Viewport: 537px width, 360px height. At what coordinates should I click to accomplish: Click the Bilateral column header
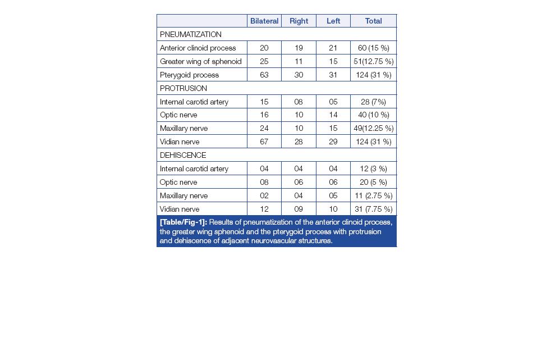(264, 21)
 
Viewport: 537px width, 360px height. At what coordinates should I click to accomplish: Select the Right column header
(299, 21)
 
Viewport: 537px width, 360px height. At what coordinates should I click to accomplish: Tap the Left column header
(333, 21)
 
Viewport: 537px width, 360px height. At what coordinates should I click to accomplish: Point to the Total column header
(373, 21)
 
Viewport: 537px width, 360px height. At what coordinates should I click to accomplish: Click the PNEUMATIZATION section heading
(191, 34)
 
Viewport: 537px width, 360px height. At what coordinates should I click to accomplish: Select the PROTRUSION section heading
(183, 88)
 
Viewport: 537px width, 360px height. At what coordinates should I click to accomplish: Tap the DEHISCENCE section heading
(183, 155)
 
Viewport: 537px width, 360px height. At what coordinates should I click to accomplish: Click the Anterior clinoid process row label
(198, 48)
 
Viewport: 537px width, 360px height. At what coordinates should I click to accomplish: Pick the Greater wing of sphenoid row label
(200, 61)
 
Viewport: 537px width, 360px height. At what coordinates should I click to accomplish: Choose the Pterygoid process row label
(189, 75)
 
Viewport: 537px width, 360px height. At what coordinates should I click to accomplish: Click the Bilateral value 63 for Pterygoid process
(264, 75)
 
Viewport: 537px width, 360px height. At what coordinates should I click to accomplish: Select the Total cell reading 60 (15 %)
(373, 48)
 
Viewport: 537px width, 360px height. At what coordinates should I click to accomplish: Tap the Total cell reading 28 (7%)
(373, 102)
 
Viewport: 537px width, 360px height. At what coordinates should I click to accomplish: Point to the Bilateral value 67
(264, 142)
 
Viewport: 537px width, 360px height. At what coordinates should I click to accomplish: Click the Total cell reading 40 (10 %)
(373, 115)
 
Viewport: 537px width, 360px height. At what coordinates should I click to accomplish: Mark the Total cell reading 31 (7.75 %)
(373, 209)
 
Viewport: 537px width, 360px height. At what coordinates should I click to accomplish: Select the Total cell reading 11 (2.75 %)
(373, 195)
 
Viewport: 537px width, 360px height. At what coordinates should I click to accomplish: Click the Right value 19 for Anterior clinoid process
(299, 48)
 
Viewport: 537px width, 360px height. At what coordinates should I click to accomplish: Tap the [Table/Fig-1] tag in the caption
(183, 222)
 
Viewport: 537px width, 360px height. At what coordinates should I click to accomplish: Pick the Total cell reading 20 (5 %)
(373, 182)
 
